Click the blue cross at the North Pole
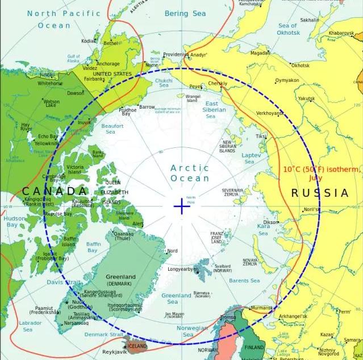(181, 206)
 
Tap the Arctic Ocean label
(190, 173)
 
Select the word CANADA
(55, 191)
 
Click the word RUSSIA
(320, 193)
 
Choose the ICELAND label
(137, 346)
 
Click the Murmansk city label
(261, 308)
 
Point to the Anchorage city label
(108, 64)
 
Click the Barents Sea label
(244, 280)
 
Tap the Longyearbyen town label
(183, 269)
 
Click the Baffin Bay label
(94, 247)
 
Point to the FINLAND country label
(254, 347)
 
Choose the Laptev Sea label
(251, 158)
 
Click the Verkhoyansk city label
(270, 113)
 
